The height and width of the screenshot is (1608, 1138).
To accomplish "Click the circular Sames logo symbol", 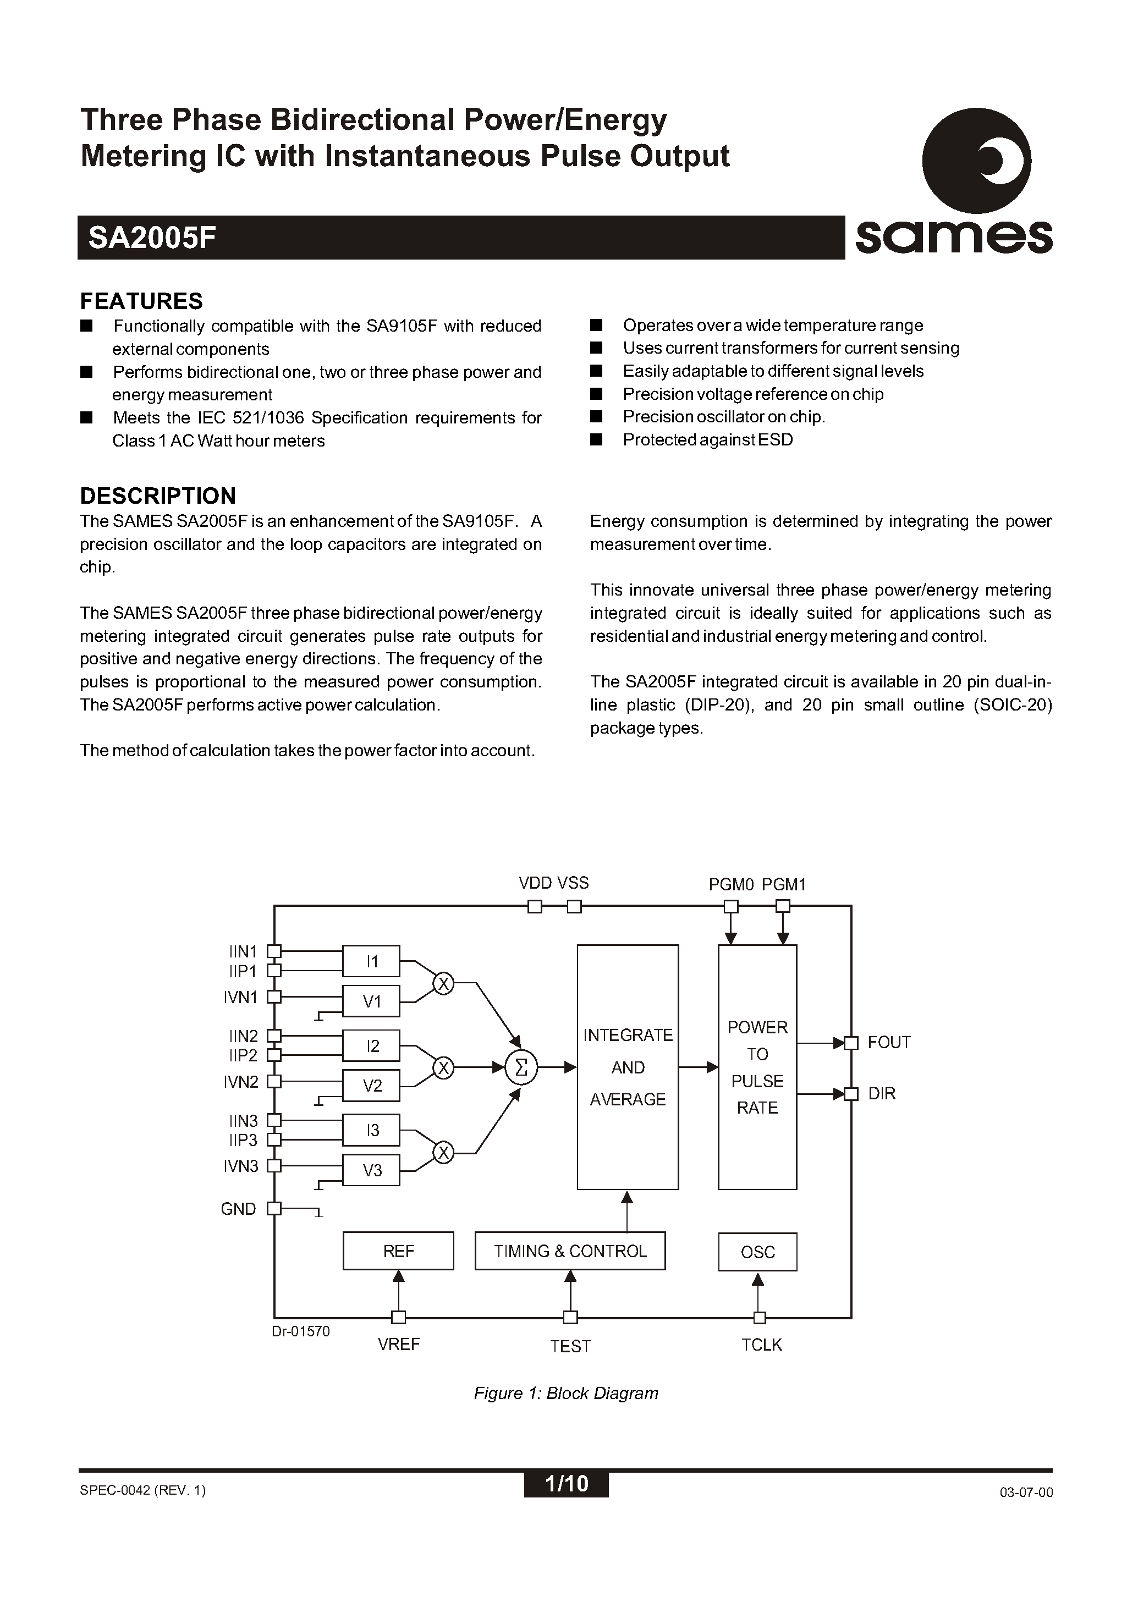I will point(976,161).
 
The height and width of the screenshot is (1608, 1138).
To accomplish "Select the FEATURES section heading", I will point(141,301).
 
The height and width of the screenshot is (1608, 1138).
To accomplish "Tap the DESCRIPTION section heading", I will point(158,495).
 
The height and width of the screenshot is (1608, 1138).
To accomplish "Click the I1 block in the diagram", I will point(371,961).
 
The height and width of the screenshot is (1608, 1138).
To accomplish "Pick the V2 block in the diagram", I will point(371,1086).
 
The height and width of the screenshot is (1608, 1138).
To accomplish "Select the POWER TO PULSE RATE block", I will point(757,1067).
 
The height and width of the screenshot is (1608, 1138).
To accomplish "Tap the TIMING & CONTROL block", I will point(570,1251).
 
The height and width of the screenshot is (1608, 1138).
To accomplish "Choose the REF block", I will point(398,1251).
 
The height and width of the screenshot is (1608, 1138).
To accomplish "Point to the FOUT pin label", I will point(888,1042).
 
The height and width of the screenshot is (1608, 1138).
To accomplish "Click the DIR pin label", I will point(882,1094).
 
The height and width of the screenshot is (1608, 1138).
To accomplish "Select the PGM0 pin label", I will point(730,884).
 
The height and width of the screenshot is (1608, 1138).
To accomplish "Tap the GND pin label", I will point(238,1209).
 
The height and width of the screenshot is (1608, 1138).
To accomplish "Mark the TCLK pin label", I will point(762,1345).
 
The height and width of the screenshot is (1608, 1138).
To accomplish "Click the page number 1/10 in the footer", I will point(566,1483).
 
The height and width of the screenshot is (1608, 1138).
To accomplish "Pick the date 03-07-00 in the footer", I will point(1026,1492).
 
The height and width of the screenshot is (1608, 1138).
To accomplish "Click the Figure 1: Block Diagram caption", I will point(566,1393).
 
